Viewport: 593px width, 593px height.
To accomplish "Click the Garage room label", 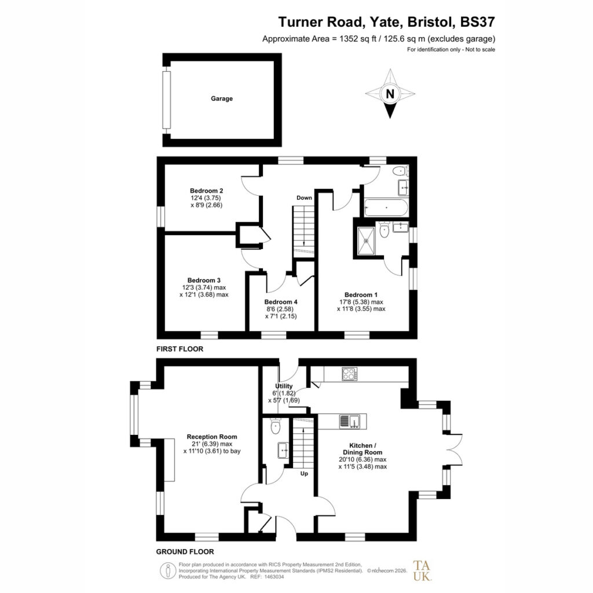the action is [222, 98].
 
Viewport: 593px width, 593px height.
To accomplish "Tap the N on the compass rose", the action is [390, 93].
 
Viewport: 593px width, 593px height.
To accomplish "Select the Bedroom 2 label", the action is [207, 191].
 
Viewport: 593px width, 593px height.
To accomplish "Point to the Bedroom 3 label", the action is [204, 280].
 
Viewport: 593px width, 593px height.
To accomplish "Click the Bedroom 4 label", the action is [281, 302].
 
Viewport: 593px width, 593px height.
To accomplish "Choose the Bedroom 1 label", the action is [361, 295].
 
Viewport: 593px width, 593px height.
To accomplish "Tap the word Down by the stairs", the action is [304, 198].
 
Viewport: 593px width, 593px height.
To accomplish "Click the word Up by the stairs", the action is [304, 474].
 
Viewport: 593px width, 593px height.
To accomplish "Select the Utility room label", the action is [284, 386].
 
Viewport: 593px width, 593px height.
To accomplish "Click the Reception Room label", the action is [212, 437].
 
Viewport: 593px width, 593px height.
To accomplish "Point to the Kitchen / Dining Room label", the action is [363, 449].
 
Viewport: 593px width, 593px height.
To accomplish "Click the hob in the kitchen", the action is [349, 374].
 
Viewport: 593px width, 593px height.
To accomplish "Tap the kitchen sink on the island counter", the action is [349, 422].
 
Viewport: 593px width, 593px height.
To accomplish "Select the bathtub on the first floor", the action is [386, 208].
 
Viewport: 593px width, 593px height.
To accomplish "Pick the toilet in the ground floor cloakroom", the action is [276, 426].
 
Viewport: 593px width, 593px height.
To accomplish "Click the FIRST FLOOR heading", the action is [180, 349].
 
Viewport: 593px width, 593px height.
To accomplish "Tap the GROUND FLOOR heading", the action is [185, 552].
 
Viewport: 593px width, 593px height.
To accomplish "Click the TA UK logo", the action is [422, 570].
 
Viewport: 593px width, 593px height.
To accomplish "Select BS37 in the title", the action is [477, 22].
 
